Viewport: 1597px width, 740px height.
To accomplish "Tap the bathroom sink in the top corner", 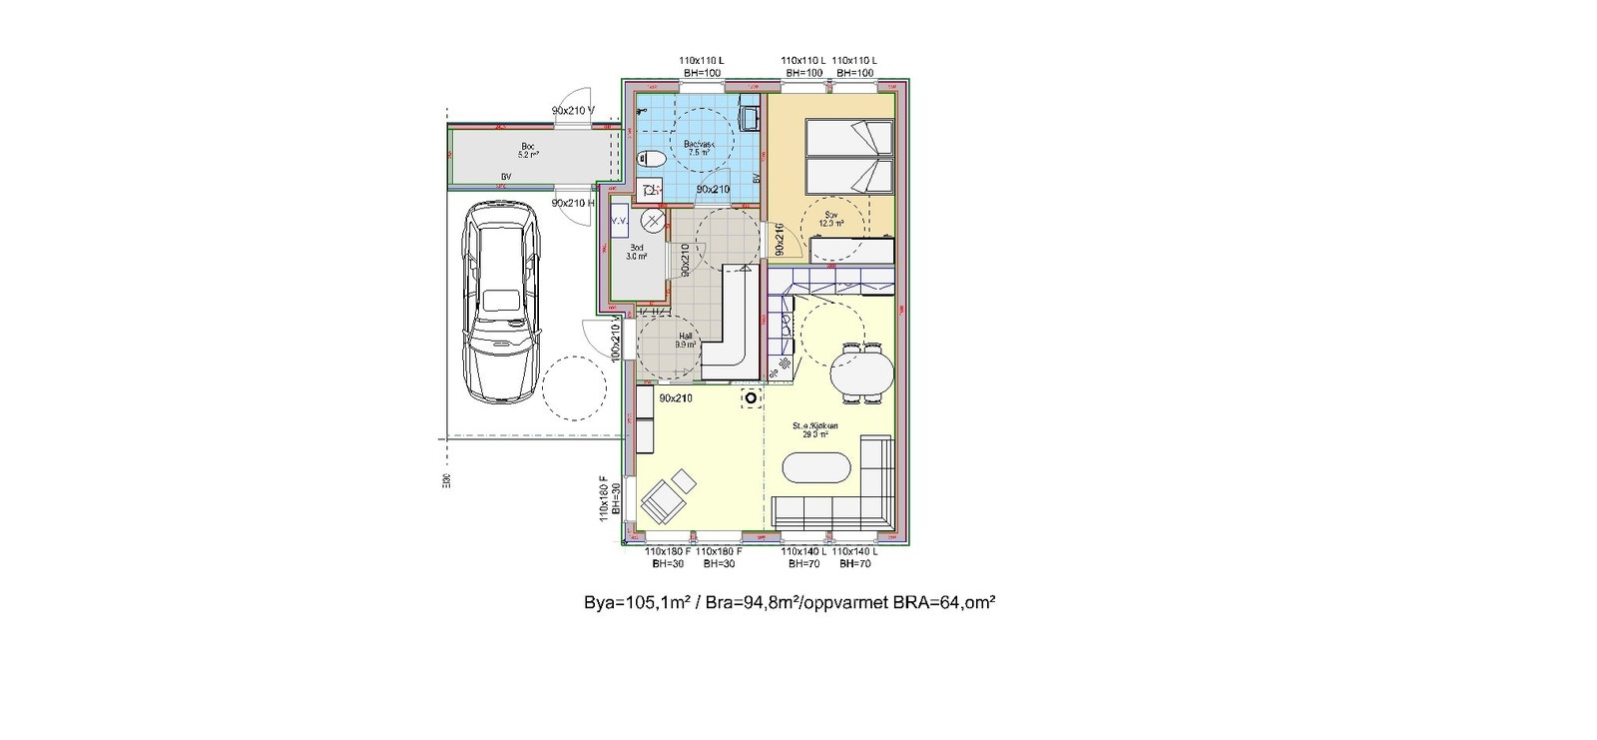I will [x=751, y=118].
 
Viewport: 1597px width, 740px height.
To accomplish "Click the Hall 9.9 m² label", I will [x=685, y=341].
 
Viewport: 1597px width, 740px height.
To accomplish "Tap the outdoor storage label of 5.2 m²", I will [x=528, y=151].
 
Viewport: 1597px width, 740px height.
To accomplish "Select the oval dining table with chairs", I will [x=862, y=372].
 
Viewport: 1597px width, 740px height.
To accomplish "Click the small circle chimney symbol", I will [x=751, y=398].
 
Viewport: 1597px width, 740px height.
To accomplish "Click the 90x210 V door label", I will [x=573, y=111].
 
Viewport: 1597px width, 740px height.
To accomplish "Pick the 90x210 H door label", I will [x=573, y=203].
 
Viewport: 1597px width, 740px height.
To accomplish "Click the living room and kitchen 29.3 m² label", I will [x=815, y=429].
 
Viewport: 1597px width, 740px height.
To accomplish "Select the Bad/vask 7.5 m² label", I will [x=699, y=149].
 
